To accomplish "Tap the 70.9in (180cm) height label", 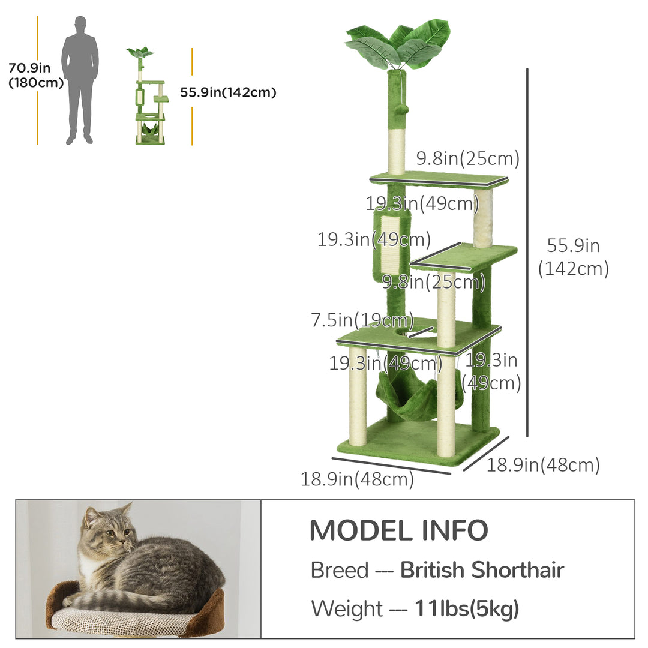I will pyautogui.click(x=36, y=75).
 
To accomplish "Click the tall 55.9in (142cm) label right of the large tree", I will pyautogui.click(x=573, y=257).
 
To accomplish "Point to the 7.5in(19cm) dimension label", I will pyautogui.click(x=362, y=320).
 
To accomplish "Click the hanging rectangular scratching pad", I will pyautogui.click(x=392, y=247).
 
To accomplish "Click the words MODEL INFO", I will pyautogui.click(x=398, y=530).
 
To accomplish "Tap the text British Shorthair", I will pyautogui.click(x=482, y=570).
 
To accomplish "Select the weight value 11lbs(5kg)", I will pyautogui.click(x=467, y=609).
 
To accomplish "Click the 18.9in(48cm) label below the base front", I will pyautogui.click(x=358, y=479).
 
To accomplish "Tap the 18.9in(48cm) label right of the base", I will pyautogui.click(x=542, y=464).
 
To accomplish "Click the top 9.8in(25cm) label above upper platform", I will pyautogui.click(x=467, y=159).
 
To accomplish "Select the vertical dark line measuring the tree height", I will pyautogui.click(x=527, y=252).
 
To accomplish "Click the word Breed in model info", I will pyautogui.click(x=339, y=570).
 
